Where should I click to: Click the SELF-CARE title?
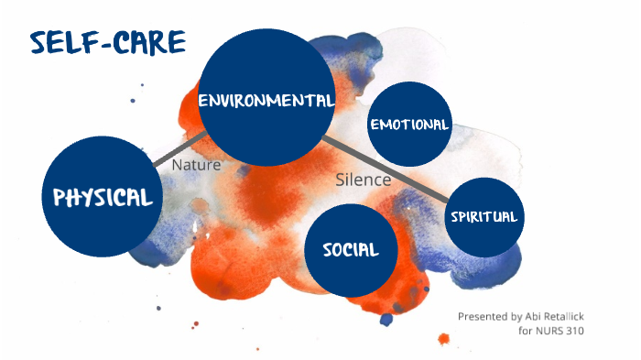click(x=107, y=41)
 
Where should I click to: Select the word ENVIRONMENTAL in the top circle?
click(x=266, y=99)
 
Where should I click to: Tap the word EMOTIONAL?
click(x=409, y=125)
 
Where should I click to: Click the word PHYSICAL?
click(x=103, y=198)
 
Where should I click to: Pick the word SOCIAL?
click(x=351, y=249)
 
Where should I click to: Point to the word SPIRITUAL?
click(x=484, y=217)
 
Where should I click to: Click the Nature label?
click(x=196, y=166)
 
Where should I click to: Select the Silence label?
click(x=363, y=180)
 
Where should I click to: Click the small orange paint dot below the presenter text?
click(x=444, y=339)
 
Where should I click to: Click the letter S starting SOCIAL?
click(x=329, y=249)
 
